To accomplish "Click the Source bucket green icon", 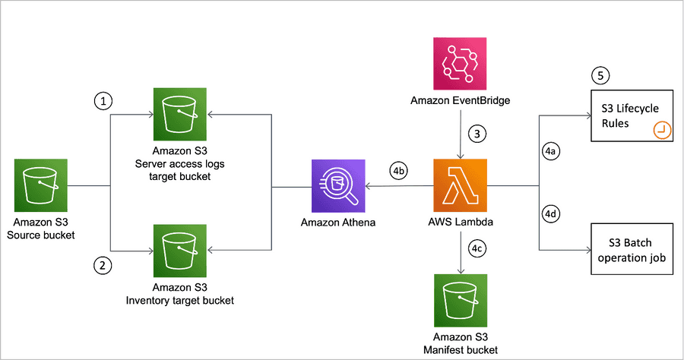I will [x=40, y=185].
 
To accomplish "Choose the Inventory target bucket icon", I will [x=180, y=251].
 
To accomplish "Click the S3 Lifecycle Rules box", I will [x=631, y=116].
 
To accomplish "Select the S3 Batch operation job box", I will [x=631, y=249].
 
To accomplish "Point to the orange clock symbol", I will [x=661, y=131].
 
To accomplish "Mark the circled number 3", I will [x=477, y=134].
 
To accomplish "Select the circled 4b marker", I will [x=398, y=171].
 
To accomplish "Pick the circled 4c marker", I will [x=477, y=248].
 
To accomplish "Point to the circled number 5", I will [x=601, y=76].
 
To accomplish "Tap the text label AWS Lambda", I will [x=460, y=222].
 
